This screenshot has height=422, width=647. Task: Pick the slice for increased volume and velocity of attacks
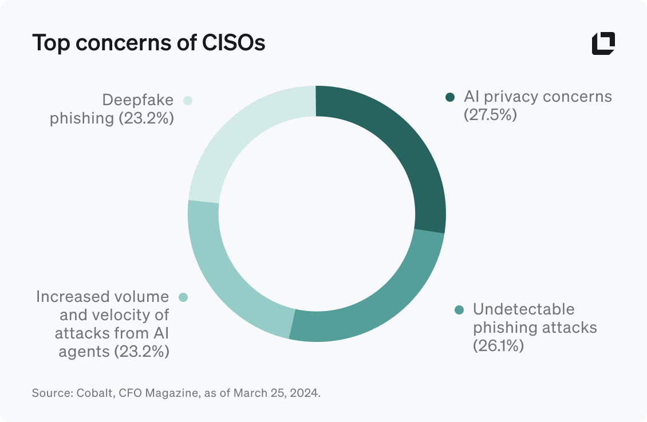coord(229,274)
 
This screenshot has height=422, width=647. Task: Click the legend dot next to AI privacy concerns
coord(450,97)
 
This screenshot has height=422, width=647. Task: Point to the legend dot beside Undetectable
coord(459,310)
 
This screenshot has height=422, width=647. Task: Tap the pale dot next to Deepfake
coord(187,101)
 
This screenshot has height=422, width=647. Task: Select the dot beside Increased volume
coord(183,297)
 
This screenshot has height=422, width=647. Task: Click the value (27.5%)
coord(490,115)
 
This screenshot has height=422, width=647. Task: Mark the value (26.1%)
coord(498,346)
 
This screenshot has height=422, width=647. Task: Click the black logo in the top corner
coord(603,44)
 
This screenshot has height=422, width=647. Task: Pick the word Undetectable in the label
coord(523,309)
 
